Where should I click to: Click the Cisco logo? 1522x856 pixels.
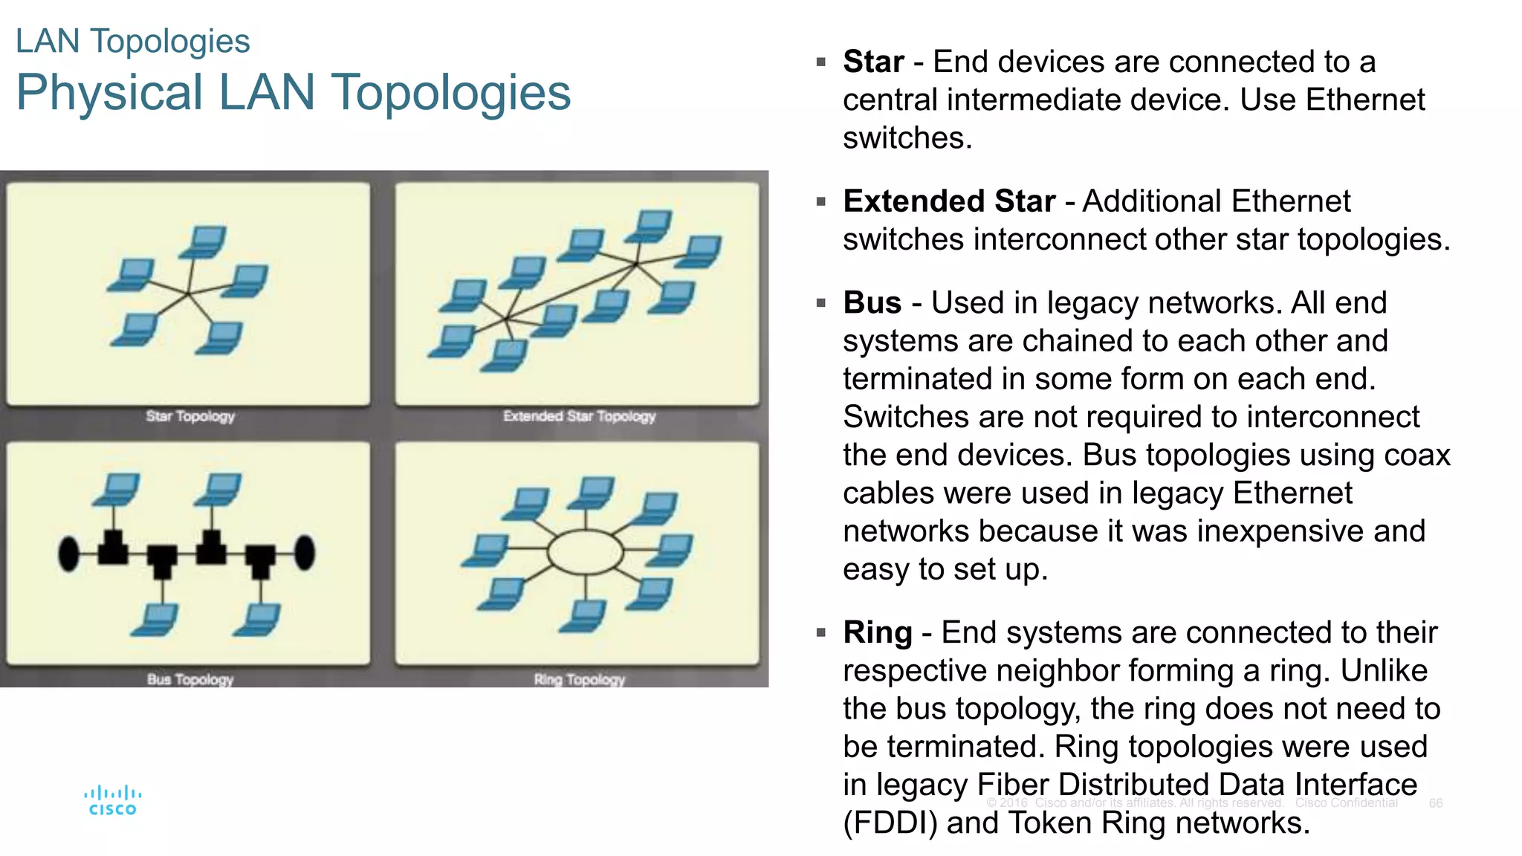112,801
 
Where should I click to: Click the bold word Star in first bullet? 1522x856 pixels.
873,62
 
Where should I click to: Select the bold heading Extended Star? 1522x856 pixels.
949,201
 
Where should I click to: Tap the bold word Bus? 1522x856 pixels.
872,303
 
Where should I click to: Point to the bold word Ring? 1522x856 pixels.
877,633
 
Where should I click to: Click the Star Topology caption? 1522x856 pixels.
190,416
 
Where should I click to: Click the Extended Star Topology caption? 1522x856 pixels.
579,416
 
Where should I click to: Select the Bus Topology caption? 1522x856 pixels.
190,679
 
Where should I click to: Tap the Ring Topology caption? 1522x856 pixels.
579,679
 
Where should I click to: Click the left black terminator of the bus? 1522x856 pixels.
69,554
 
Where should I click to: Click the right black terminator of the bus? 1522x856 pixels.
305,554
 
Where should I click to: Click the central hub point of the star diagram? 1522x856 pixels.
189,294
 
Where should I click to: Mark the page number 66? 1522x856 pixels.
1435,803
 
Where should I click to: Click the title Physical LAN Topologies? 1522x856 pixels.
293,93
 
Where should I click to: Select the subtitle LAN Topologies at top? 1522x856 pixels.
132,42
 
